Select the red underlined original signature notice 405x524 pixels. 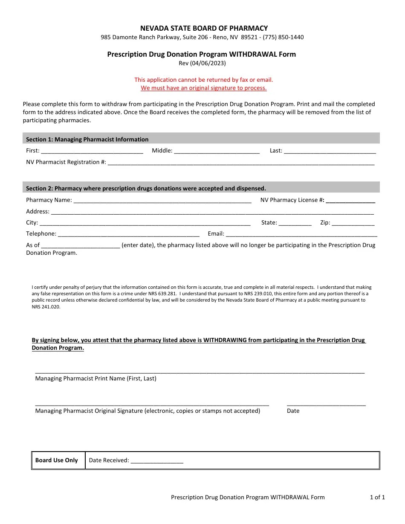point(204,88)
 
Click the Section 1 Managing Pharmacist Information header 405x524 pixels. point(87,139)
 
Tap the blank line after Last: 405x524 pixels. point(330,151)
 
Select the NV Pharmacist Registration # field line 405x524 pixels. point(241,162)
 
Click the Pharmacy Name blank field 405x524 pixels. point(162,200)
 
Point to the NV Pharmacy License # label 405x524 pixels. point(292,200)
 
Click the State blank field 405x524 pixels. point(295,223)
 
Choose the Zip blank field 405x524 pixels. point(353,223)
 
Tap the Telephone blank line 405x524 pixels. point(128,234)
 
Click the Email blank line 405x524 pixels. point(301,234)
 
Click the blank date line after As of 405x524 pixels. point(81,245)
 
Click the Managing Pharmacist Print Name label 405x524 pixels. point(95,378)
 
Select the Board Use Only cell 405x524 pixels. point(57,460)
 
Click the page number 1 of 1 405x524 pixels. point(377,497)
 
